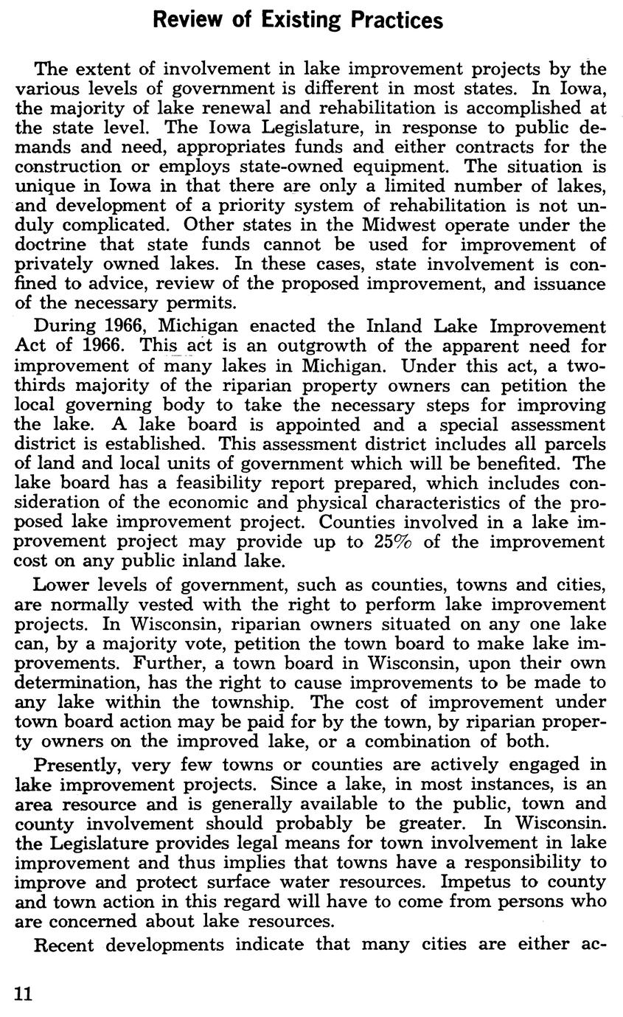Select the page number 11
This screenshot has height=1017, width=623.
24,993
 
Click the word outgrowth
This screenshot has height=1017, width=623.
314,346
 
